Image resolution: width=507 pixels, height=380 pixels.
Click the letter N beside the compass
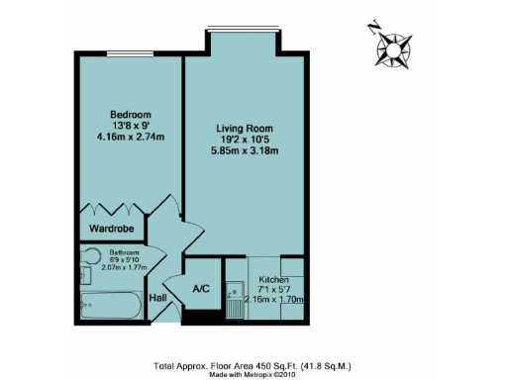(x=370, y=29)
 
